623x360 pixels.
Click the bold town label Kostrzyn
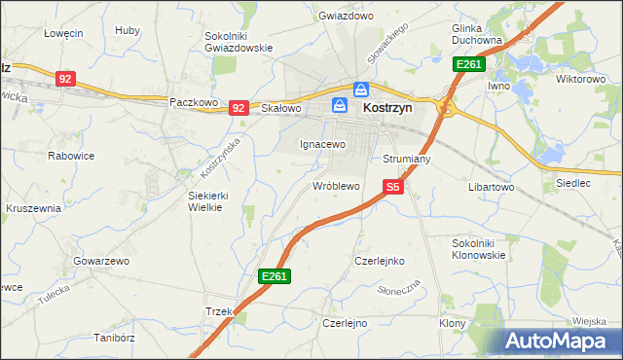click(387, 110)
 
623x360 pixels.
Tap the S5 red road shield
click(392, 186)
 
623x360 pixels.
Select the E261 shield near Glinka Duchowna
click(468, 65)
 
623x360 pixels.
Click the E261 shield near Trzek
click(274, 277)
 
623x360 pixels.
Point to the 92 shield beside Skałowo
click(238, 108)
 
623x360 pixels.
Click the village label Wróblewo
click(336, 185)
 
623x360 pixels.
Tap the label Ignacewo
click(322, 144)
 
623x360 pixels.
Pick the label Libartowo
click(491, 186)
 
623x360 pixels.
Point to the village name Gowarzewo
click(101, 262)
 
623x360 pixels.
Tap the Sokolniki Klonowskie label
click(479, 248)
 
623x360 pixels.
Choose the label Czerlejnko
click(380, 261)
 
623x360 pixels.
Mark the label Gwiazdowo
click(347, 17)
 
